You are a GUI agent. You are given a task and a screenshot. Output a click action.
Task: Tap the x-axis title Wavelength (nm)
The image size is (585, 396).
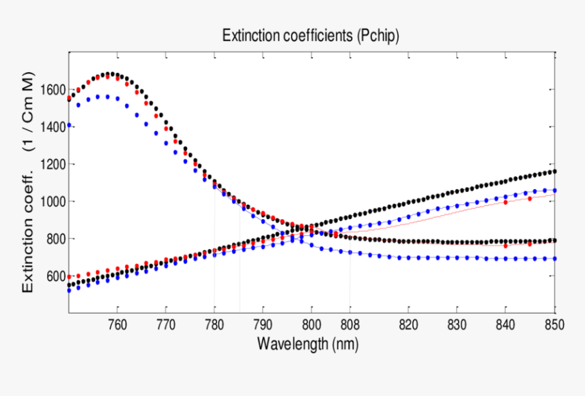pyautogui.click(x=307, y=344)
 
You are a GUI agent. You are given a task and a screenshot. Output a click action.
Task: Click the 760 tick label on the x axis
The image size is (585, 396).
pyautogui.click(x=118, y=325)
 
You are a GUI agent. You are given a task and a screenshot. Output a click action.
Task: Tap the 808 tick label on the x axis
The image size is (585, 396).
pyautogui.click(x=350, y=325)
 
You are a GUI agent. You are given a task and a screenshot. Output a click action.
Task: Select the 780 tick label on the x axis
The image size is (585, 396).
pyautogui.click(x=214, y=325)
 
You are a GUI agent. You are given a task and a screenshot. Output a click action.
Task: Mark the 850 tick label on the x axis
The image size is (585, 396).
pyautogui.click(x=554, y=325)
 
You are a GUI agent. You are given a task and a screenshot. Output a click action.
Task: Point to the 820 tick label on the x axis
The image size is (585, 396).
pyautogui.click(x=408, y=325)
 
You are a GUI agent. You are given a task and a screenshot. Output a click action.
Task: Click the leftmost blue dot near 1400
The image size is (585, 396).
pyautogui.click(x=69, y=125)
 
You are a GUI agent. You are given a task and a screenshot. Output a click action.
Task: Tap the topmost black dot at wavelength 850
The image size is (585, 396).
pyautogui.click(x=554, y=171)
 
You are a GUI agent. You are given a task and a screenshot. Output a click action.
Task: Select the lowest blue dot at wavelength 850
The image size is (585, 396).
pyautogui.click(x=554, y=259)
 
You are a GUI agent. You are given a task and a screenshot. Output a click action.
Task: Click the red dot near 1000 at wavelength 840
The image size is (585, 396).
pyautogui.click(x=505, y=202)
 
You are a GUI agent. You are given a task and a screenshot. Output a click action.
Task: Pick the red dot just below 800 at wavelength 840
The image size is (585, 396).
pyautogui.click(x=505, y=246)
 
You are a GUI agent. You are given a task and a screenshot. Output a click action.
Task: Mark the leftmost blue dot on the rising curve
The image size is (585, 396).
pyautogui.click(x=69, y=291)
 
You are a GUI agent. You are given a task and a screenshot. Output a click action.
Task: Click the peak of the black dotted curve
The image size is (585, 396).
pyautogui.click(x=108, y=73)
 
